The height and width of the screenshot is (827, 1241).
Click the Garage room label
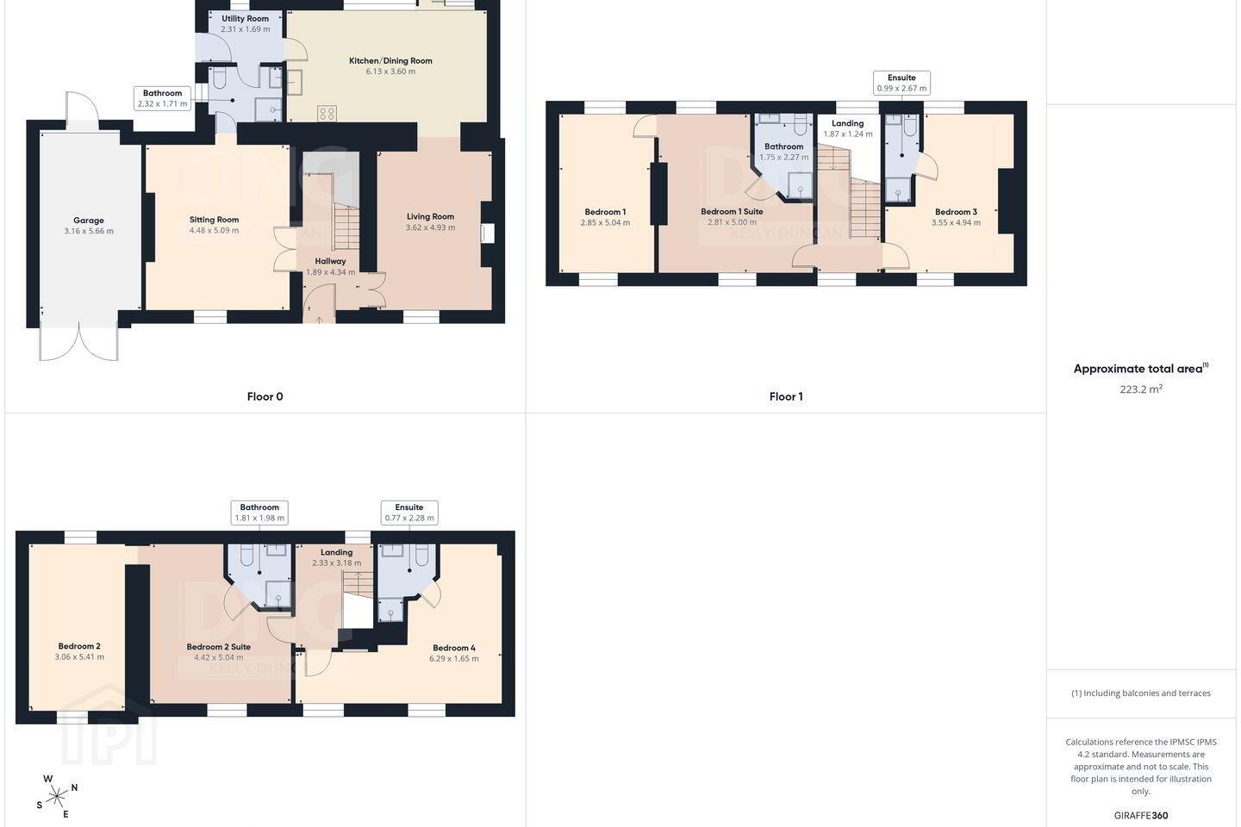[89, 221]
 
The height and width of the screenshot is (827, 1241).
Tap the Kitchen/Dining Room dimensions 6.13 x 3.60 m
[390, 72]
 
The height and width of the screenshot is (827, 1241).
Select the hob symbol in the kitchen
[327, 114]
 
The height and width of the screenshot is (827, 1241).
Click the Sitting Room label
[214, 220]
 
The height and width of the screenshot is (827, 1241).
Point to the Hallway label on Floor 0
[330, 261]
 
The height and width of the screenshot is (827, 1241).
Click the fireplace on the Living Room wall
[487, 233]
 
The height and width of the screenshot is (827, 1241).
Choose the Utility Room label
[245, 19]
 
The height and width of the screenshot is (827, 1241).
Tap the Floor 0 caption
[265, 396]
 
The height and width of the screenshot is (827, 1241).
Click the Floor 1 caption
[786, 396]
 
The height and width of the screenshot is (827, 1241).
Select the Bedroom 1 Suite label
[732, 212]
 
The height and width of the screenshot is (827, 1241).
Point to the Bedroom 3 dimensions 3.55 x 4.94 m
[956, 222]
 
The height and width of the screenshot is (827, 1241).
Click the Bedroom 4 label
[453, 648]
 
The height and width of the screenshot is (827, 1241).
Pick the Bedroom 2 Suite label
[218, 647]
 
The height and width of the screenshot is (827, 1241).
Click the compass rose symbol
[57, 797]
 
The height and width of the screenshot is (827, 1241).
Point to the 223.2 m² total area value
[1141, 389]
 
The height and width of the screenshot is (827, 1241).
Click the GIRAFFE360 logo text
[1141, 815]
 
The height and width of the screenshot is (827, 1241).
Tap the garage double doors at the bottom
[78, 341]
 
